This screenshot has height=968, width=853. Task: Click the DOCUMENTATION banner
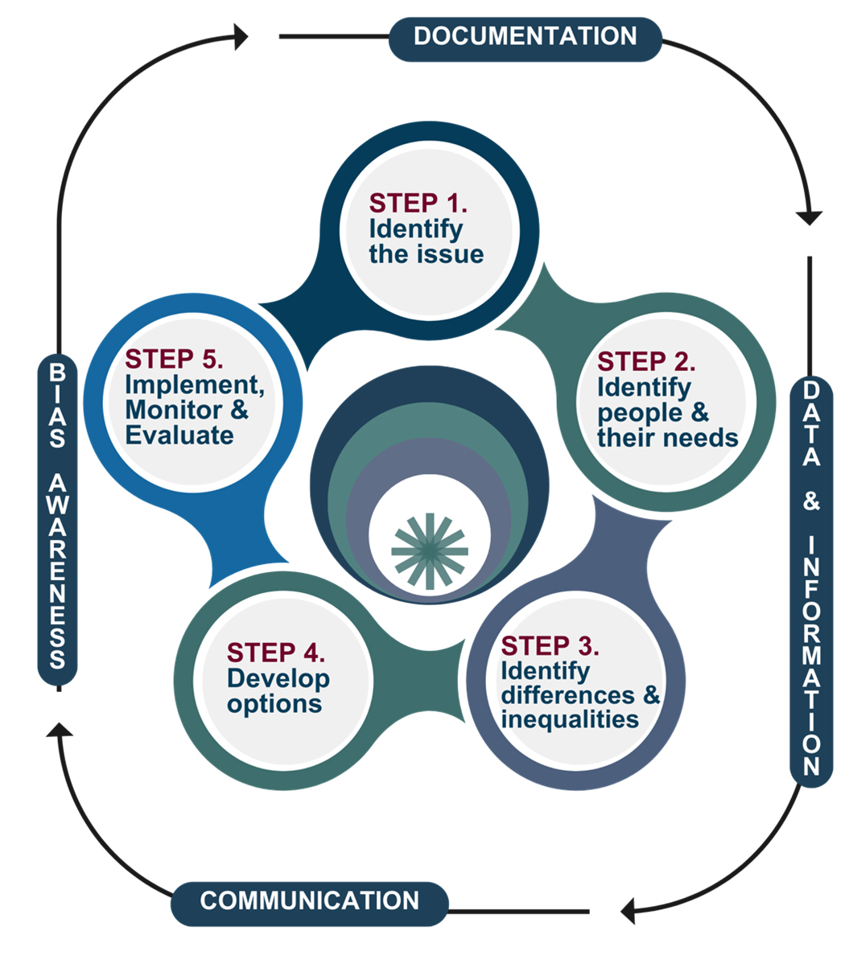[x=525, y=39]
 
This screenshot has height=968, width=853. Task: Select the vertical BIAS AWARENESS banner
[x=57, y=519]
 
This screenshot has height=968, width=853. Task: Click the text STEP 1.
[x=418, y=203]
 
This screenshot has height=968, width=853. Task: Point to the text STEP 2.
[x=646, y=361]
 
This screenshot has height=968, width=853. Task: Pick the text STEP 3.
[x=550, y=645]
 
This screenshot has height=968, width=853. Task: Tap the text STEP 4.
[x=276, y=653]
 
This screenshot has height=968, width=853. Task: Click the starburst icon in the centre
[x=430, y=551]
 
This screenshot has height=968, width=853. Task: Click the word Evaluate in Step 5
[x=179, y=435]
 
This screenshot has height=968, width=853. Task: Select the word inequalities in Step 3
[x=570, y=719]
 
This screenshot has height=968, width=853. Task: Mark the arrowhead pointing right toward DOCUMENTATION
[x=241, y=37]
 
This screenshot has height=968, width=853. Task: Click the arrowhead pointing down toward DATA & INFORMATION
[x=809, y=218]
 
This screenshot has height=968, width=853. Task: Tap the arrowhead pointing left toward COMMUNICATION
[x=628, y=911]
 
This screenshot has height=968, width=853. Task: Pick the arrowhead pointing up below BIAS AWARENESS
[x=60, y=730]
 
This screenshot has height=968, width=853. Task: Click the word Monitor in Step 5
[x=174, y=410]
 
